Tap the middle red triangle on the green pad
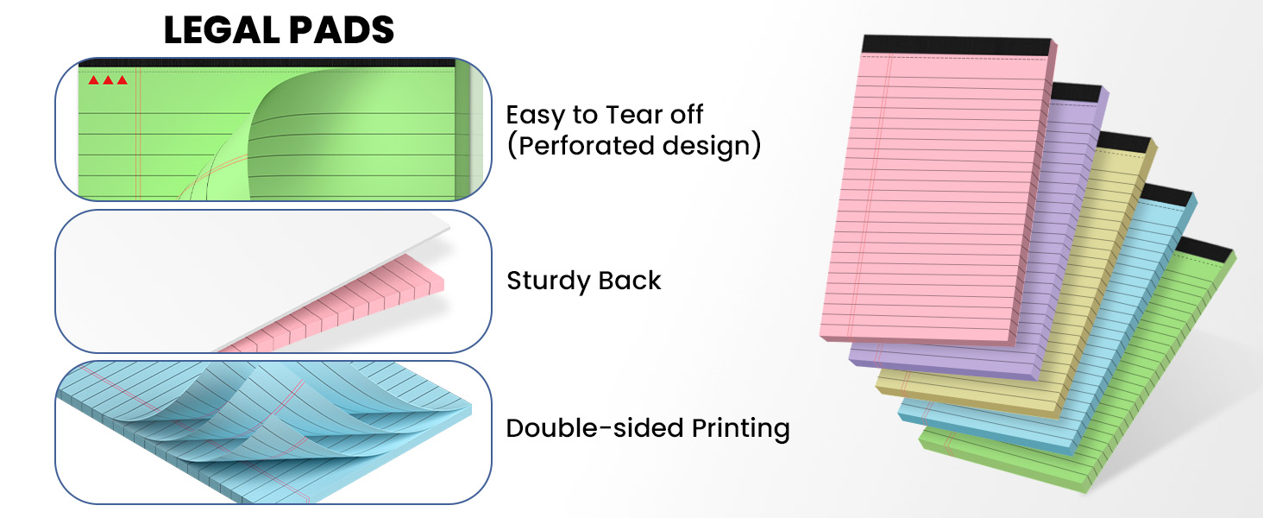108,80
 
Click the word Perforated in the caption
586,146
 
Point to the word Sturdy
549,281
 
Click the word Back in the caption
629,281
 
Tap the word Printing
740,429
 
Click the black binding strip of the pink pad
957,46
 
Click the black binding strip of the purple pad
1077,92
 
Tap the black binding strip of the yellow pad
1124,142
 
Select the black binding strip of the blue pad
1168,194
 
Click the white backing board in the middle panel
236,271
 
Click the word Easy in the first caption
535,116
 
